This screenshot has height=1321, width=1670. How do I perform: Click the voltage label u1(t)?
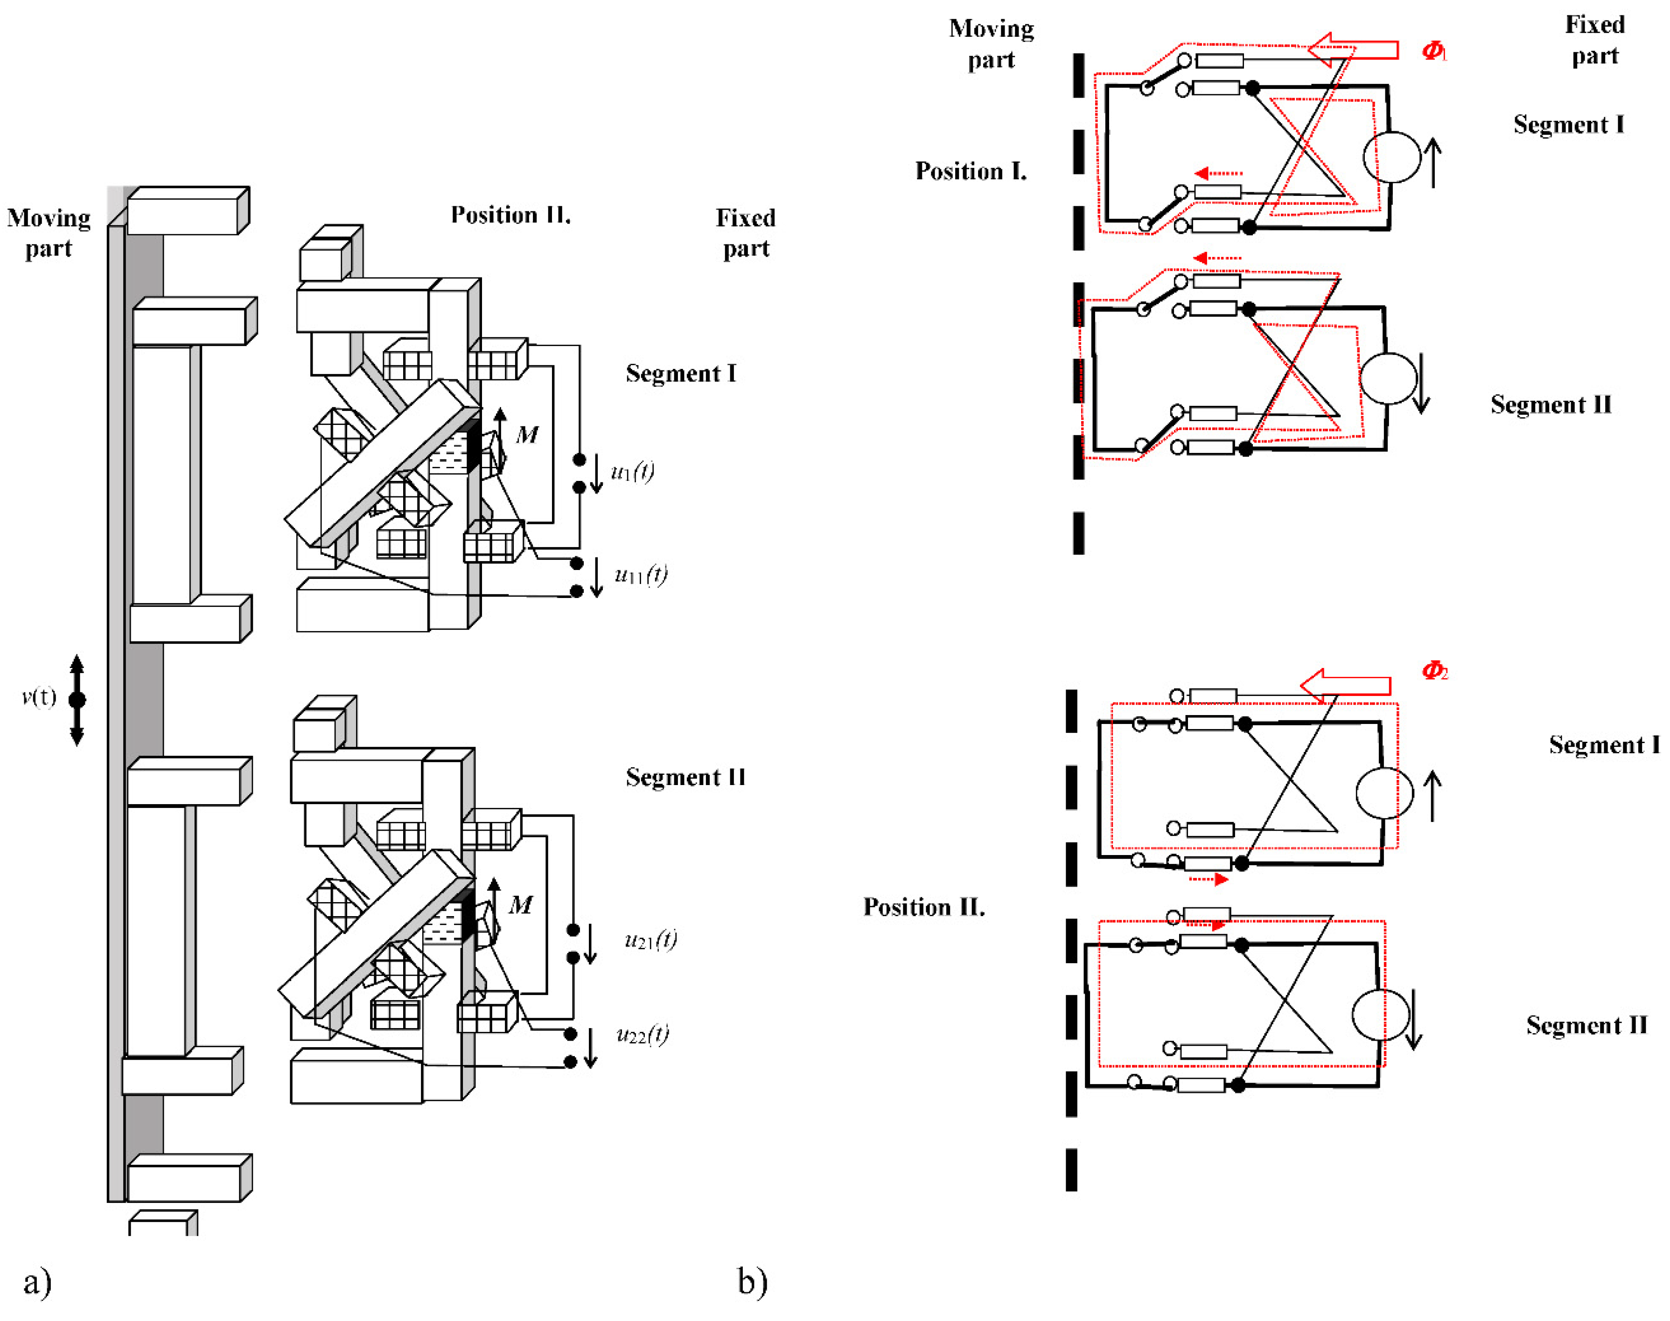632,471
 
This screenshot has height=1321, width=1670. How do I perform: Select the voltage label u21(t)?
650,940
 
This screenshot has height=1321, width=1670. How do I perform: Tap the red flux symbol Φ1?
1433,50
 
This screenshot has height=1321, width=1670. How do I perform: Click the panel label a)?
37,1281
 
